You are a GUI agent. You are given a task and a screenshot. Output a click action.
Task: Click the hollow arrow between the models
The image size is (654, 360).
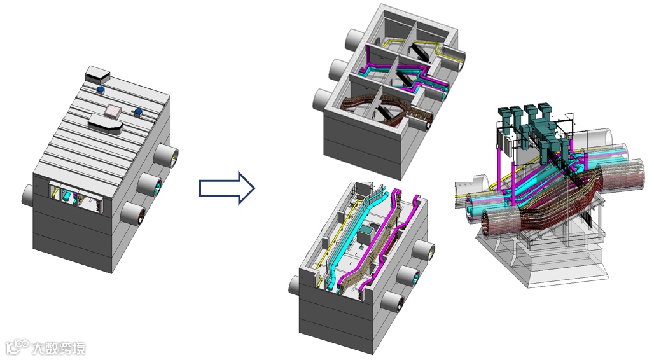tap(226, 188)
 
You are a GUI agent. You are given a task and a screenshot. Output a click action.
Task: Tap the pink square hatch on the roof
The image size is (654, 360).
tap(113, 111)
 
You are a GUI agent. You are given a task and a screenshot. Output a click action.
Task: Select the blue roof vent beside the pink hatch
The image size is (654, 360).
tap(138, 112)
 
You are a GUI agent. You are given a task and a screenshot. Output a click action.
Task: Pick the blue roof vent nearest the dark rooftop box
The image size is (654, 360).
tap(100, 89)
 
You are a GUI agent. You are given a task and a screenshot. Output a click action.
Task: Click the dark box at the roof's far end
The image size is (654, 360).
tap(97, 74)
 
